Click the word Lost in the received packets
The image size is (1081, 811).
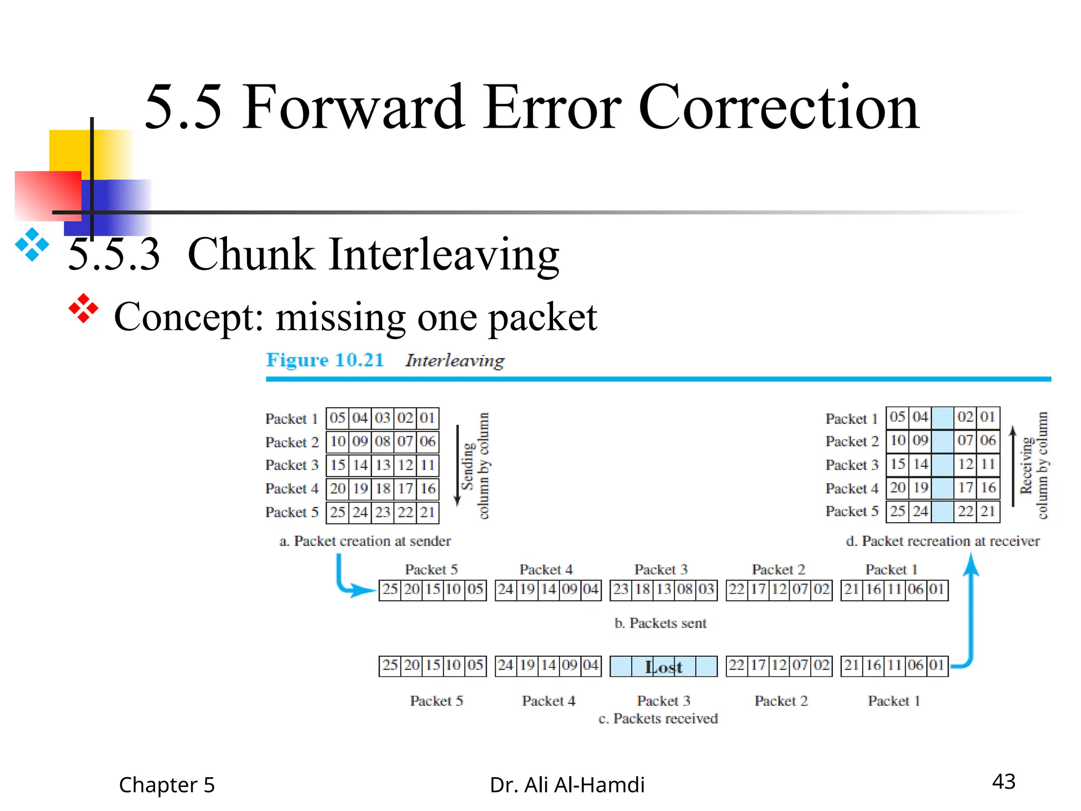pos(663,667)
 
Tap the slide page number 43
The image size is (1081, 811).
pos(1003,781)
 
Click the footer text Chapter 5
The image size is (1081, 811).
pos(167,785)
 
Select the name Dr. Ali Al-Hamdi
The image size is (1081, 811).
pos(567,785)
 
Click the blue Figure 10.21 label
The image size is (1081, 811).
pos(325,360)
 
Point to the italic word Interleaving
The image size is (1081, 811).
pos(454,361)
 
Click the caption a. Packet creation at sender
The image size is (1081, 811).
pos(365,541)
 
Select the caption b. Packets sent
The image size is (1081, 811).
pos(660,624)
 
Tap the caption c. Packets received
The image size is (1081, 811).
pos(658,719)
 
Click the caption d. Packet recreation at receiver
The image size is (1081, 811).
pos(943,541)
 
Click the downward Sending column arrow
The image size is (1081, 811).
pos(458,465)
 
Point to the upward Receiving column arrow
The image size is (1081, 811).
pos(1012,465)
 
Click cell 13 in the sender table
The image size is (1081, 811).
pos(383,465)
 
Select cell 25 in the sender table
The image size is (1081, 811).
pos(338,512)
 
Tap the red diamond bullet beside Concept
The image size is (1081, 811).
pos(83,308)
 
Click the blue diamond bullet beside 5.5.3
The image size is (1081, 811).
pos(32,244)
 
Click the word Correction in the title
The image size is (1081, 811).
pos(779,108)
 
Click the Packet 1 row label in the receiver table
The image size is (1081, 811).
pos(851,419)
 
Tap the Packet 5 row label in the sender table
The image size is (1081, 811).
pos(292,512)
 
